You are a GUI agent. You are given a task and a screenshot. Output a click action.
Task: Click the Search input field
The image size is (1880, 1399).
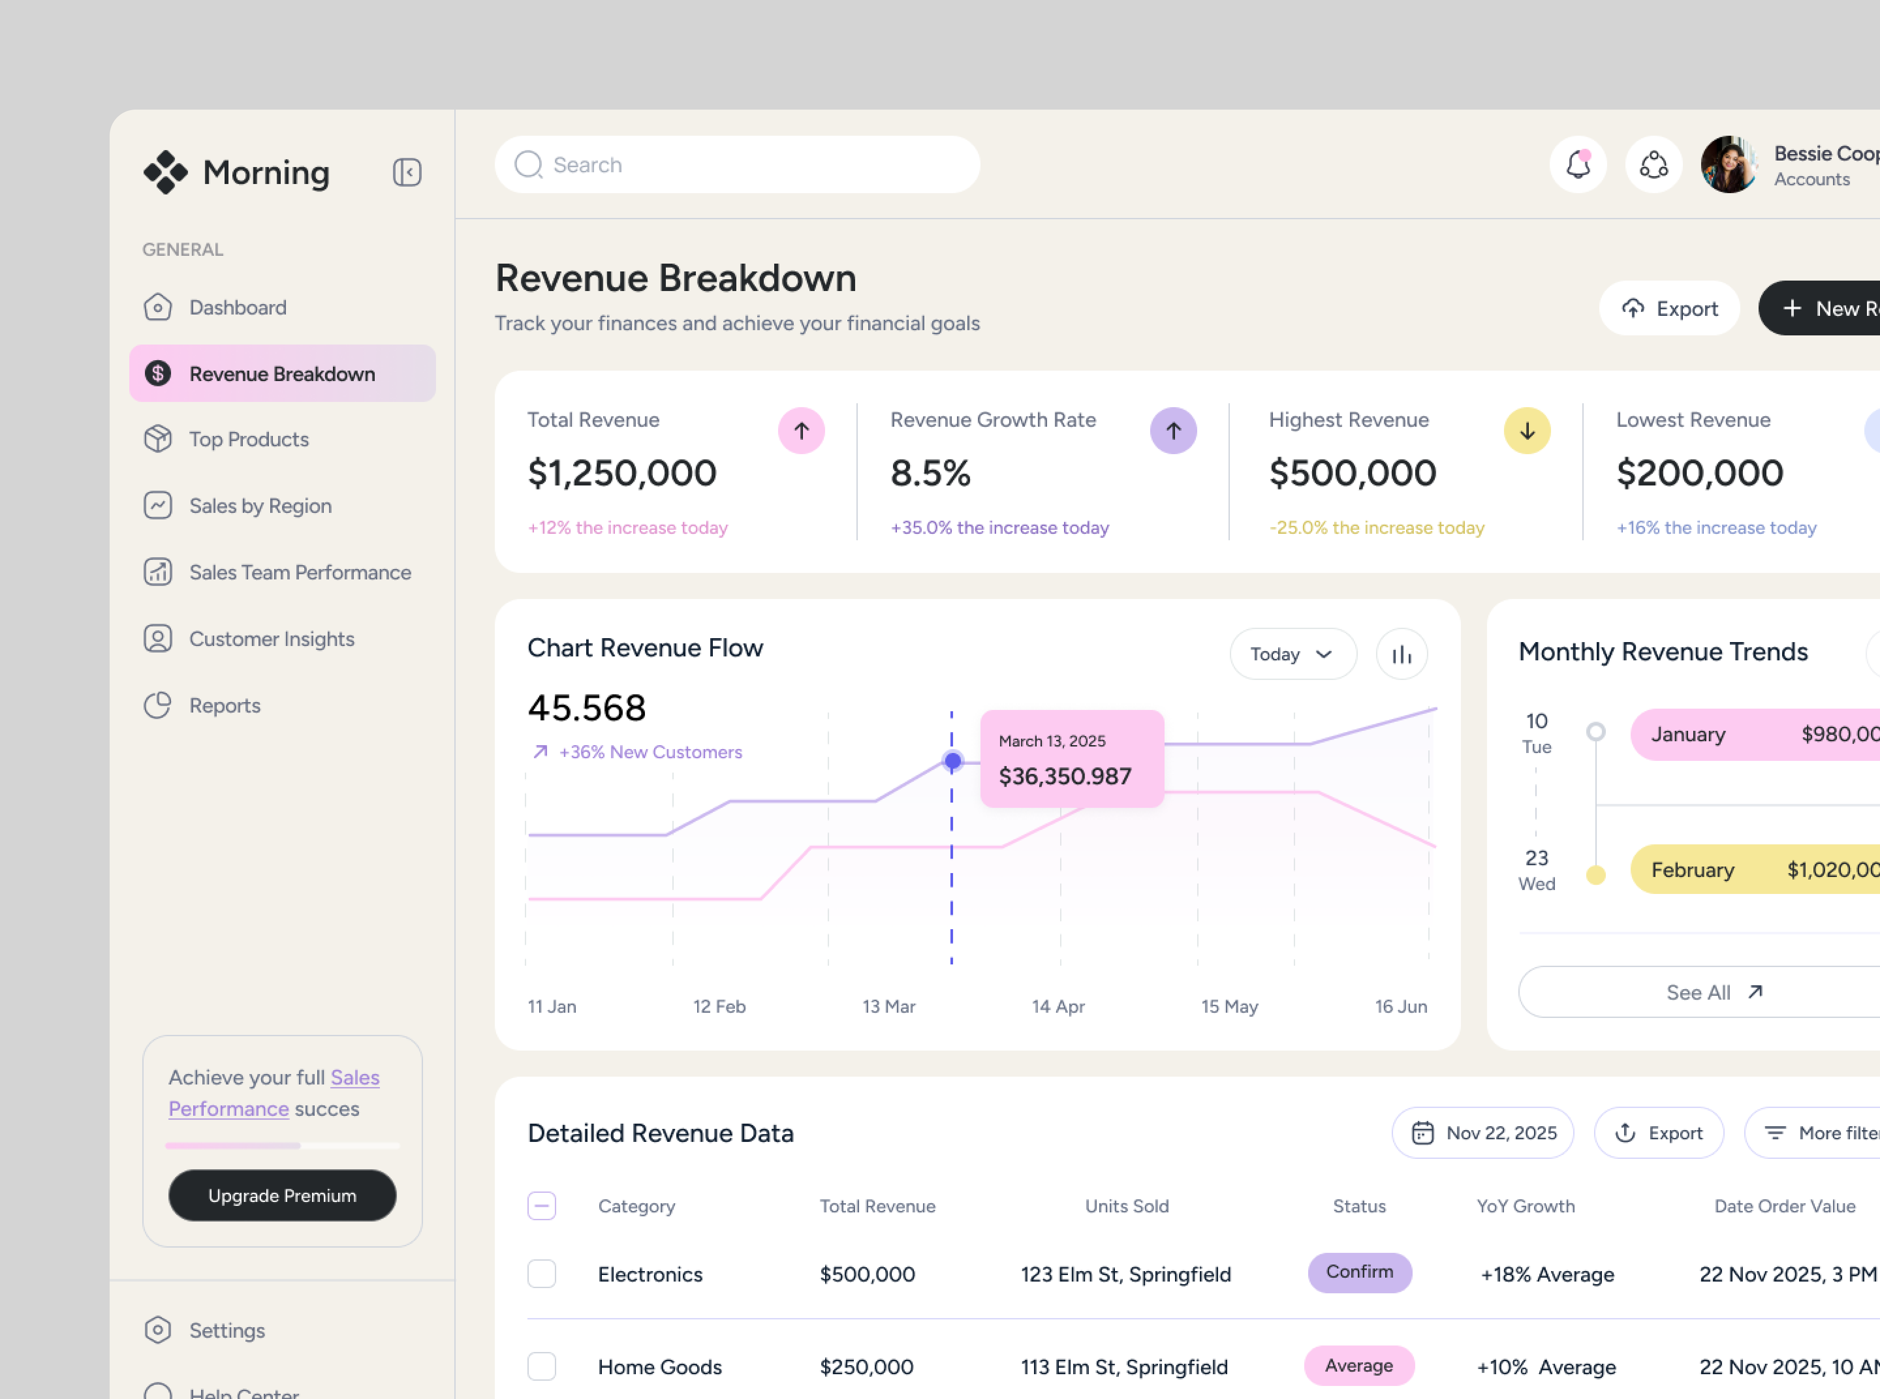pos(737,164)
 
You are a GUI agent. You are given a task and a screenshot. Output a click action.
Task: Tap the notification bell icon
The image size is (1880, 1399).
pos(1578,164)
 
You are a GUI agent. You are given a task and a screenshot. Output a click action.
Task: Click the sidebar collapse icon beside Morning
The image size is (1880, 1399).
pos(406,173)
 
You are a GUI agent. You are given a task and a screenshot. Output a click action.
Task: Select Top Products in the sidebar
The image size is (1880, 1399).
pos(248,439)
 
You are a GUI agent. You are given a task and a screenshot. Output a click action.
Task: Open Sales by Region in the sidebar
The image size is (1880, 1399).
pos(259,505)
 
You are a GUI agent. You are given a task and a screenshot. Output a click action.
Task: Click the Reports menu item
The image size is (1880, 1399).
pos(225,706)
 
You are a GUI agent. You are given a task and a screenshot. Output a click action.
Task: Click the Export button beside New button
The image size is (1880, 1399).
pos(1669,308)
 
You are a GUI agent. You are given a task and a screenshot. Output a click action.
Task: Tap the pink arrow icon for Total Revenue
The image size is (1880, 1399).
pos(801,431)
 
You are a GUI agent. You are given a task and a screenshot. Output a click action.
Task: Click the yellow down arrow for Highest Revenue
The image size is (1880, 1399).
pos(1527,431)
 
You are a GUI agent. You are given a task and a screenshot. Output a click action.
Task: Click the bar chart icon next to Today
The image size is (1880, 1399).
pos(1401,654)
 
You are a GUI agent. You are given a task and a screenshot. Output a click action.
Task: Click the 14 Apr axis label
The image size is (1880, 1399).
pos(1057,1006)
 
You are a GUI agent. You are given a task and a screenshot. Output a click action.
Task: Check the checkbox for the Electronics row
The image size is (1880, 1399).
pos(541,1274)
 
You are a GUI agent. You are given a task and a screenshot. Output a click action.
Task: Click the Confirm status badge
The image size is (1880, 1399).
pos(1359,1272)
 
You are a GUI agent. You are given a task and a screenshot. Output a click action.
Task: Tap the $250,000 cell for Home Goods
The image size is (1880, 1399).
pos(866,1367)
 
